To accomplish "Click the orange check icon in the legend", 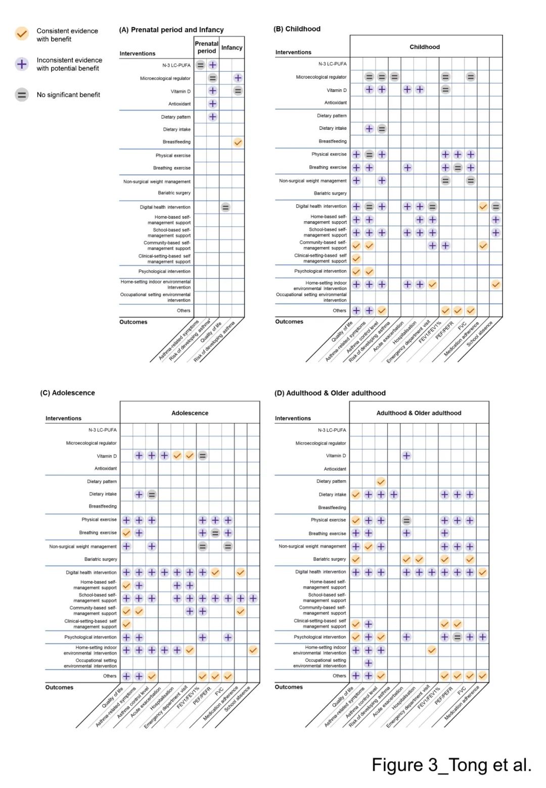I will (x=21, y=34).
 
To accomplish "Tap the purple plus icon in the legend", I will (x=21, y=64).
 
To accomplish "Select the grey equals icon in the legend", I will (x=21, y=94).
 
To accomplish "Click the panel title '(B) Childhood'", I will (x=297, y=29).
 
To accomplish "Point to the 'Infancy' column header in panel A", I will (x=232, y=47).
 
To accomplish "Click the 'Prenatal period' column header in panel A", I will (x=206, y=47).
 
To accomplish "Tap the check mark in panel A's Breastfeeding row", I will (x=238, y=142).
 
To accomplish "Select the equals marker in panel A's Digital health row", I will (x=225, y=207).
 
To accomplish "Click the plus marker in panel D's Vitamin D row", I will (x=406, y=456).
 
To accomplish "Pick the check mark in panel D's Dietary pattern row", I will (x=381, y=481).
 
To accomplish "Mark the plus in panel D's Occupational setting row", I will (x=369, y=663).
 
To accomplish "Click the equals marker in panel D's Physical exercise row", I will (x=406, y=520).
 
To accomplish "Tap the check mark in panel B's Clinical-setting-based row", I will (x=356, y=258).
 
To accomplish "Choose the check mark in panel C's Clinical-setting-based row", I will (x=126, y=624).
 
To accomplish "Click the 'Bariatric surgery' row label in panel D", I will (x=329, y=559).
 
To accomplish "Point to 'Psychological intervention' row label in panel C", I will (x=91, y=637).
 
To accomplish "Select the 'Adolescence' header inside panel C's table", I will (x=190, y=413).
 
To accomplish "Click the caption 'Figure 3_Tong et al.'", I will (x=451, y=765).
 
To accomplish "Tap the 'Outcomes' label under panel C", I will (x=59, y=687).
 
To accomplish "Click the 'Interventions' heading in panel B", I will (x=293, y=52).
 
